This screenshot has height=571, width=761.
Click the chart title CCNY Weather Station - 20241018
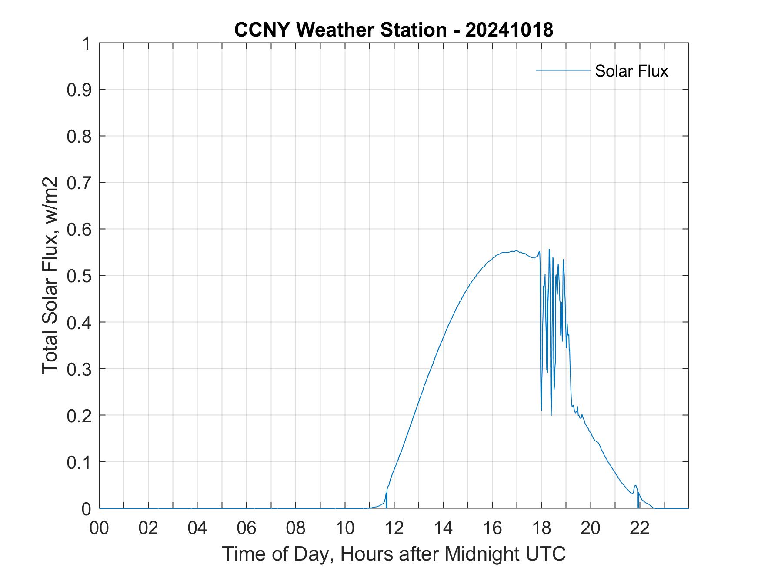pyautogui.click(x=394, y=30)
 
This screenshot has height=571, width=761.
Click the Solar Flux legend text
pyautogui.click(x=631, y=71)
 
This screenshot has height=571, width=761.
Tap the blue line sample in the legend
pyautogui.click(x=563, y=70)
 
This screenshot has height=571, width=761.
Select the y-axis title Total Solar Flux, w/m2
pyautogui.click(x=50, y=275)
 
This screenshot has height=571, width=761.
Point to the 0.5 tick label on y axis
pyautogui.click(x=80, y=276)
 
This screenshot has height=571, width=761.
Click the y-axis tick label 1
pyautogui.click(x=86, y=43)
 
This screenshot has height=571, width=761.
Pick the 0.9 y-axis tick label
pyautogui.click(x=80, y=90)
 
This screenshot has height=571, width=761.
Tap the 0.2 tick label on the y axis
pyautogui.click(x=80, y=415)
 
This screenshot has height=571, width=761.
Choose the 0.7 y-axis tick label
pyautogui.click(x=80, y=183)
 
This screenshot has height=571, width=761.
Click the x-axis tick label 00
pyautogui.click(x=99, y=528)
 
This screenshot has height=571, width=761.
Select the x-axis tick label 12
pyautogui.click(x=394, y=528)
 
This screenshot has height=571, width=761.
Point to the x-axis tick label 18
pyautogui.click(x=542, y=528)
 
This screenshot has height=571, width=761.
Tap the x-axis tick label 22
pyautogui.click(x=640, y=528)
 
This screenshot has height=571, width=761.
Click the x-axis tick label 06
pyautogui.click(x=247, y=528)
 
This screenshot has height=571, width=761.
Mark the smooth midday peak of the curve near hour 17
pyautogui.click(x=516, y=251)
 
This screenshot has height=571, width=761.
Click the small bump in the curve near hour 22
pyautogui.click(x=635, y=486)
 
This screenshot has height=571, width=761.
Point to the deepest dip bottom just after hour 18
pyautogui.click(x=551, y=415)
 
